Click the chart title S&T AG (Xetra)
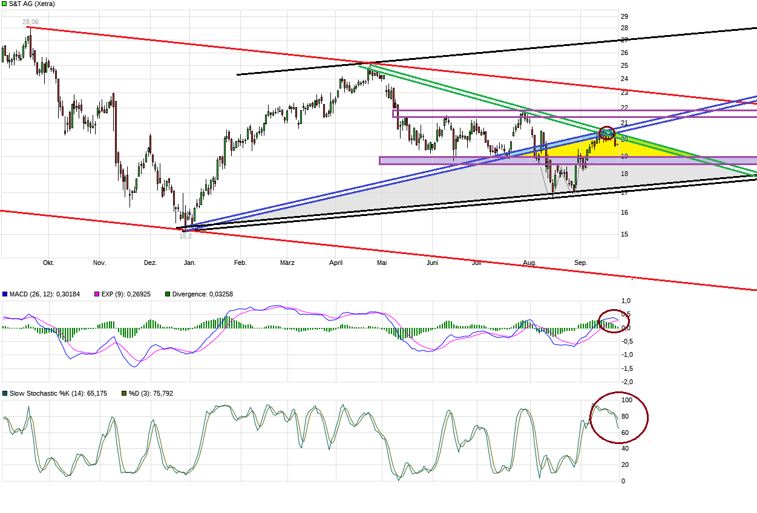click(32, 4)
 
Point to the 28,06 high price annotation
click(30, 22)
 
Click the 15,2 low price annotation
click(185, 236)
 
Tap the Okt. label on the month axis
click(48, 263)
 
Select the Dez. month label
click(151, 263)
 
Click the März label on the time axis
click(287, 263)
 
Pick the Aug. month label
click(529, 263)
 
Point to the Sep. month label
click(580, 263)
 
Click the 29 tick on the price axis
click(624, 16)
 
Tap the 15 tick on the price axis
click(624, 234)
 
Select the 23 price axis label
click(624, 93)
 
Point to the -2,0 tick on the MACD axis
click(627, 382)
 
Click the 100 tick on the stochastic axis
click(627, 400)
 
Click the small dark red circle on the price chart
click(607, 132)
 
